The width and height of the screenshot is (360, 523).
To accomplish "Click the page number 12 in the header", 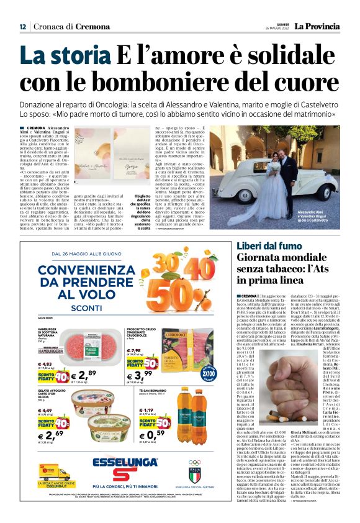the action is pyautogui.click(x=22, y=27).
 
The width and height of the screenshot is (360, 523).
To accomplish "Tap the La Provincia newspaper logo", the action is pyautogui.click(x=317, y=27).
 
